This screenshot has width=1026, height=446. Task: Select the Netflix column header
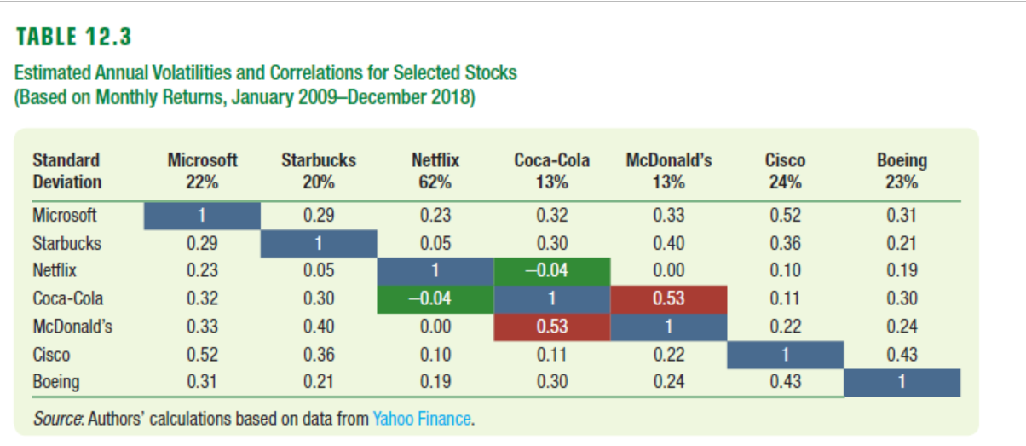[435, 160]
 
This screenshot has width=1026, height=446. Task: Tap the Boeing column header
[902, 160]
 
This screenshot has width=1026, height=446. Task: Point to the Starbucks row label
[66, 243]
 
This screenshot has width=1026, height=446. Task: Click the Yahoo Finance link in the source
[422, 419]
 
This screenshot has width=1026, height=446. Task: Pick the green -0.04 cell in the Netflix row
[552, 270]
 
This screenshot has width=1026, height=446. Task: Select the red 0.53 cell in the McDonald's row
[552, 326]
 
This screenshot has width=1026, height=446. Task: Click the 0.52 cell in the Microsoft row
[785, 215]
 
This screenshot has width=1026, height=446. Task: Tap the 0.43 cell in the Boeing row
[785, 381]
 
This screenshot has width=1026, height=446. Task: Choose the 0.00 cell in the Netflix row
[668, 270]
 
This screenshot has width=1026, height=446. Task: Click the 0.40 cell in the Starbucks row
[668, 243]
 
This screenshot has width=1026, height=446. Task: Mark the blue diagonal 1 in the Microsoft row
[202, 215]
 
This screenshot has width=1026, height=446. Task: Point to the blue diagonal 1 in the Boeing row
[902, 381]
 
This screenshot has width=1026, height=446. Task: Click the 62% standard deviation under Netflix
[435, 182]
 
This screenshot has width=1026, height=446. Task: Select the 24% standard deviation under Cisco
[785, 182]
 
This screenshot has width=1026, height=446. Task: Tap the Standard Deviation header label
[66, 171]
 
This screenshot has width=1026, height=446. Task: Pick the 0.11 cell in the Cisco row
[552, 354]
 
